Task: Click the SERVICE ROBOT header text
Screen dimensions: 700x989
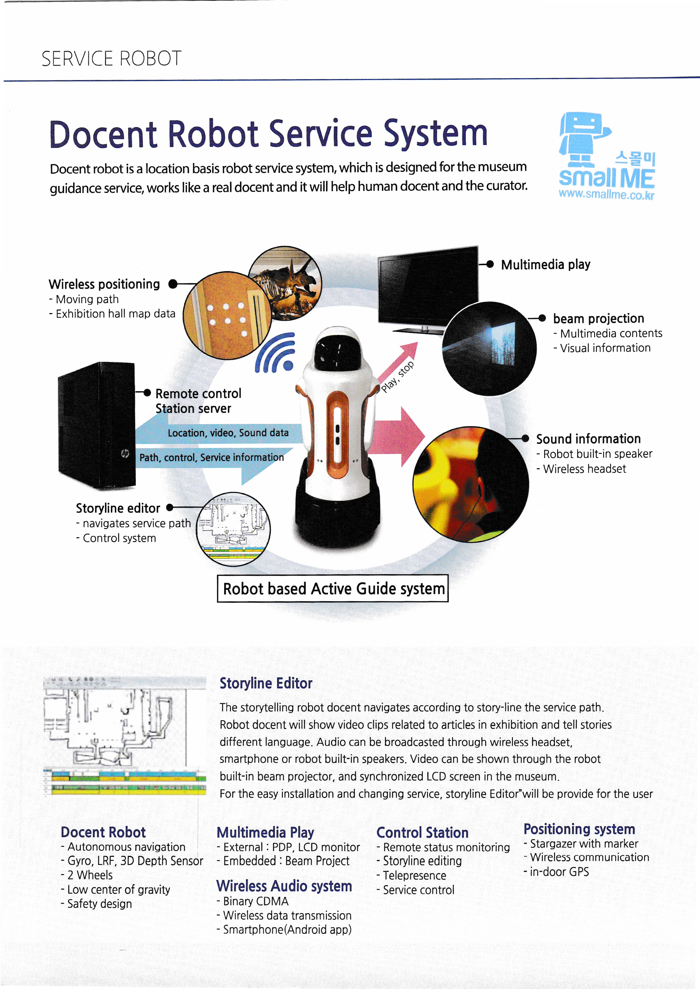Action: (111, 59)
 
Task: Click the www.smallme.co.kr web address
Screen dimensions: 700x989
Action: (606, 195)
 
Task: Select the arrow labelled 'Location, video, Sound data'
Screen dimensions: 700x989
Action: (220, 433)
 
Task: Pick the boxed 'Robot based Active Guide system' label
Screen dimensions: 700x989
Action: (333, 588)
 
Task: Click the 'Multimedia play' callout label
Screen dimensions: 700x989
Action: (545, 265)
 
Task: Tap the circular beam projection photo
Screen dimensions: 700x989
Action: (489, 349)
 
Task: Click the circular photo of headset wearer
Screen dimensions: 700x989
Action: (471, 484)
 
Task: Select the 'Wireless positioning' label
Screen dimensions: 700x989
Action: (104, 284)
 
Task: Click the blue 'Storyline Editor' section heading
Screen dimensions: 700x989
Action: (266, 683)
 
